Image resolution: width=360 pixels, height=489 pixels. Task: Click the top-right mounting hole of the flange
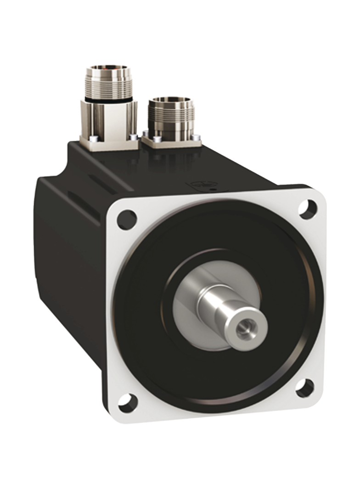pos(307,208)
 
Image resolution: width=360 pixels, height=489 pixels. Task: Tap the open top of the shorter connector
pos(173,100)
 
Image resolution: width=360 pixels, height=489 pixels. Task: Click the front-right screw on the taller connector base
pos(133,136)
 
